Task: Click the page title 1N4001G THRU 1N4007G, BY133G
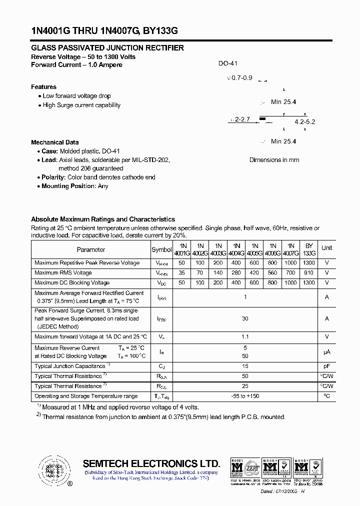coord(104,31)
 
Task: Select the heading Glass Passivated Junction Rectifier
coord(107,48)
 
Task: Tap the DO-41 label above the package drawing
coord(227,64)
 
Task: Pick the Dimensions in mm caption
coord(274,160)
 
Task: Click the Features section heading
coord(43,87)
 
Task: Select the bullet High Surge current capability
coord(81,105)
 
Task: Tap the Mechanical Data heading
coord(54,142)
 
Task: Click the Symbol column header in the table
coord(161,249)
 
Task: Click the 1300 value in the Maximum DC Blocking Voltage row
coord(309,283)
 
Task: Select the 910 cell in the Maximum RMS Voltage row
coord(309,273)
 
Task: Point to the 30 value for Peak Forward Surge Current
coord(245,318)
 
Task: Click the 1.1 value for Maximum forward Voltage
coord(245,337)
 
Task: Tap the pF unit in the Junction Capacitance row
coord(326,366)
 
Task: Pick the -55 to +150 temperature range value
coord(245,396)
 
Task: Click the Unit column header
coord(326,248)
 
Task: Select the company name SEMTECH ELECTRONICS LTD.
coord(151,463)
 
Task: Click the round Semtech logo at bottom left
coord(52,470)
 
